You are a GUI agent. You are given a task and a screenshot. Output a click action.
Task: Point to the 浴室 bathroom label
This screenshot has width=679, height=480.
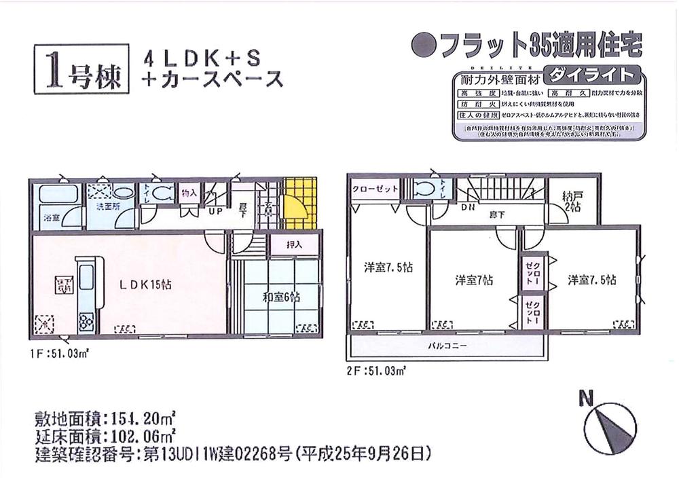coord(51,219)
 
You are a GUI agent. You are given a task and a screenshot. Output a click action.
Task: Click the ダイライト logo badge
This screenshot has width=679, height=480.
coord(593,75)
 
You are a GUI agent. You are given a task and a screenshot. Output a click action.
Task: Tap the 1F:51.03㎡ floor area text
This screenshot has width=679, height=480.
coord(60,354)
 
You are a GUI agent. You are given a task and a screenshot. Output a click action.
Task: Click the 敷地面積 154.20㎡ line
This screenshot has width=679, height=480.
coord(105,417)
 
